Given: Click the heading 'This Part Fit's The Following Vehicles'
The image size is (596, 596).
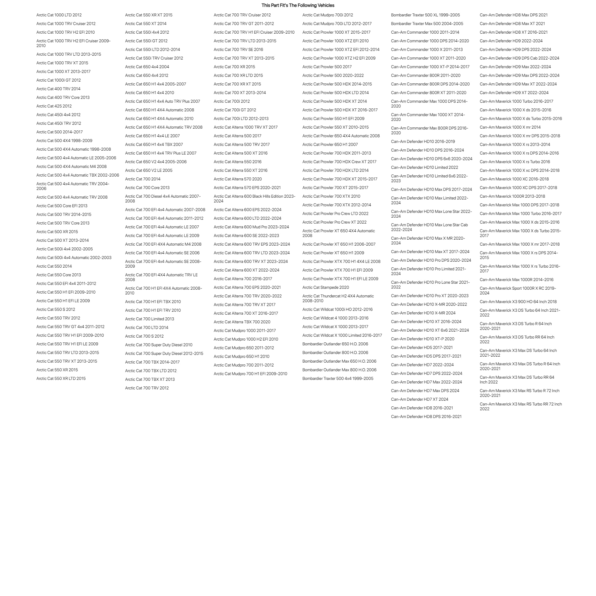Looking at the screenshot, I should [298, 5].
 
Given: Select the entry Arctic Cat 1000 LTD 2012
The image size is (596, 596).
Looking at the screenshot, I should [59, 15].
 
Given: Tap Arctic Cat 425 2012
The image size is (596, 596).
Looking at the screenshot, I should [54, 106].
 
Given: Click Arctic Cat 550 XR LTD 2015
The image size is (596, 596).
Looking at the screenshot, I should [61, 378].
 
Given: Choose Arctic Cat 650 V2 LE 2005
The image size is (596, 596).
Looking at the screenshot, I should [149, 170].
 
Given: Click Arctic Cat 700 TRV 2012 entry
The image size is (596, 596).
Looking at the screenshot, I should [147, 388].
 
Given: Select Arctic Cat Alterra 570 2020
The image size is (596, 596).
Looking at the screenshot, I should [238, 179].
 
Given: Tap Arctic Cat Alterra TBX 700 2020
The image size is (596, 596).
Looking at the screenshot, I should [242, 322].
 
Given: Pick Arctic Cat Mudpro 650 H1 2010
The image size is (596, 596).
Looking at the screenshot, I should [241, 356].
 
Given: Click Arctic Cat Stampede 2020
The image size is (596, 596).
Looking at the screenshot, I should [326, 287].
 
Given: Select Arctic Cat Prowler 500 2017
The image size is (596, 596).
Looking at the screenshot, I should [327, 67].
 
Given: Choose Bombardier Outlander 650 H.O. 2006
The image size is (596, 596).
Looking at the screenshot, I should [335, 344].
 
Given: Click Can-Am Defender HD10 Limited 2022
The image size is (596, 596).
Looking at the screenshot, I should [425, 168].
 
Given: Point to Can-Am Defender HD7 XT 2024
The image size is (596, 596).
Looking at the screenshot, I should [419, 399].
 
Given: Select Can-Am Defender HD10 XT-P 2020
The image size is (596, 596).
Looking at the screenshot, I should [423, 339].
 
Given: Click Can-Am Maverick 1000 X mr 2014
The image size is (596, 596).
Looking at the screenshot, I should [510, 127].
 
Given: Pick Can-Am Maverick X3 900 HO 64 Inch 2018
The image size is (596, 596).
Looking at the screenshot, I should [518, 302].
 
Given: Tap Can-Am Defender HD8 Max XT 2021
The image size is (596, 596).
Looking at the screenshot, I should [512, 24].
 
